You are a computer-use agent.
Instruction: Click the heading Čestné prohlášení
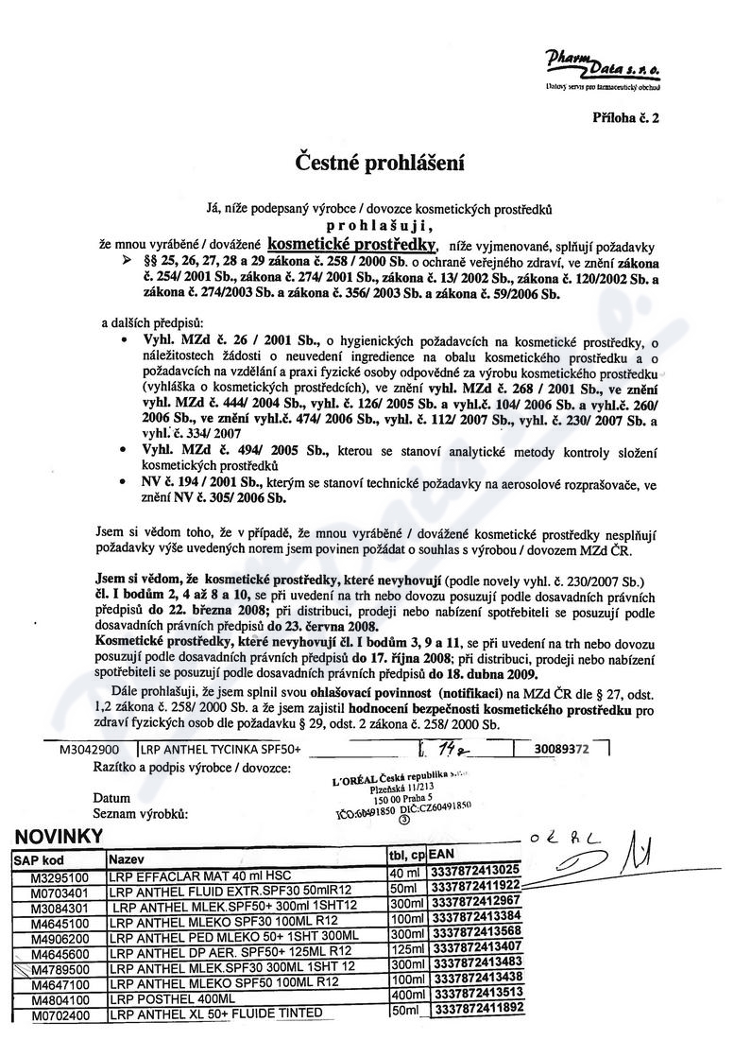pos(368,163)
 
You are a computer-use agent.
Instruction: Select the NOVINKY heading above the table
pos(60,837)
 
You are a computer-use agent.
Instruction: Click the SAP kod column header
pos(39,859)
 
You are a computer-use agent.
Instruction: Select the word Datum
pos(111,797)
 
